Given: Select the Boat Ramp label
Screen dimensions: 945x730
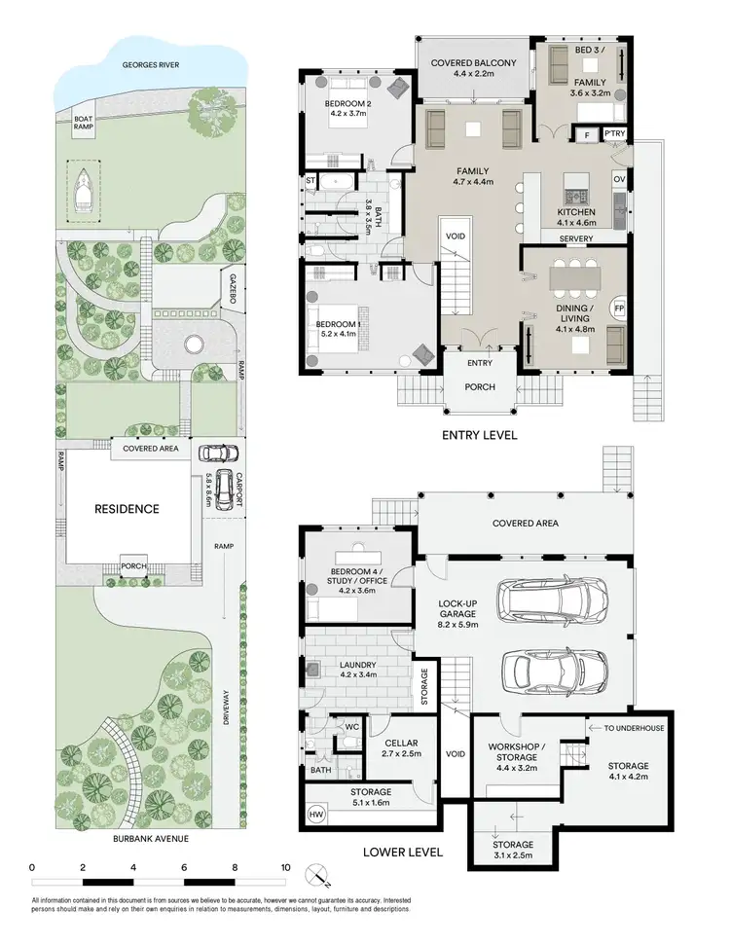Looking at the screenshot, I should point(84,125).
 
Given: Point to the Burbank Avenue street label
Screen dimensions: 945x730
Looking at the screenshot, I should point(151,838).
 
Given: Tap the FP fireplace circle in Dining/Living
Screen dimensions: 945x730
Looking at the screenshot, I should point(618,309).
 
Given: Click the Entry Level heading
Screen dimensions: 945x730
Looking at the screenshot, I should point(479,436).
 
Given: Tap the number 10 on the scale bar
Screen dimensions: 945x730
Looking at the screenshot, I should point(285,866).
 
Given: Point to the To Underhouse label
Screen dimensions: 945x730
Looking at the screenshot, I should point(634,727).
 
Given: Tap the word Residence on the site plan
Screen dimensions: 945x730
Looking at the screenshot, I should point(127,508).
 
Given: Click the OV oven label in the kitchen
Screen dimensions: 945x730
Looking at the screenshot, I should point(619,179).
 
